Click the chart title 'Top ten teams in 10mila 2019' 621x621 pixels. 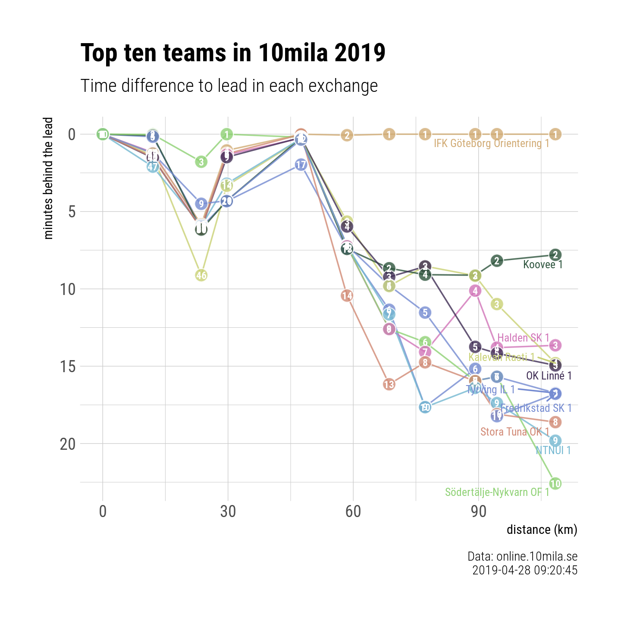[x=233, y=53]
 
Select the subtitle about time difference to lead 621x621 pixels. [x=229, y=86]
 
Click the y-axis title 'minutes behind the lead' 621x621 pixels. [x=49, y=178]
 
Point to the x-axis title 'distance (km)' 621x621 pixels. [x=542, y=530]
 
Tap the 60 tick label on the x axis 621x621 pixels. [x=353, y=511]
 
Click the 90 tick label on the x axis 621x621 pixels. [x=478, y=511]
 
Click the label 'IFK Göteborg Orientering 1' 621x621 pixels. [x=492, y=143]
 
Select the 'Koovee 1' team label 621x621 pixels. [x=543, y=265]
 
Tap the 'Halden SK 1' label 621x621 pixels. [x=523, y=338]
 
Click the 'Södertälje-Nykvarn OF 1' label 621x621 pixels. [x=497, y=492]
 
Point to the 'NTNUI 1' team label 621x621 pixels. [x=553, y=451]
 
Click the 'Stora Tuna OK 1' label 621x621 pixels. [x=515, y=432]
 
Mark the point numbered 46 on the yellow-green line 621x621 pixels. [x=201, y=275]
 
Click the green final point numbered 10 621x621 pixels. [x=555, y=484]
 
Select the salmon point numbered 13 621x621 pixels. [x=389, y=384]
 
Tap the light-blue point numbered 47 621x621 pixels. [x=152, y=166]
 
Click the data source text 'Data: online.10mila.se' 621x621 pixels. [x=522, y=557]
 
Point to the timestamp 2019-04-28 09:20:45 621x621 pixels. [x=524, y=570]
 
